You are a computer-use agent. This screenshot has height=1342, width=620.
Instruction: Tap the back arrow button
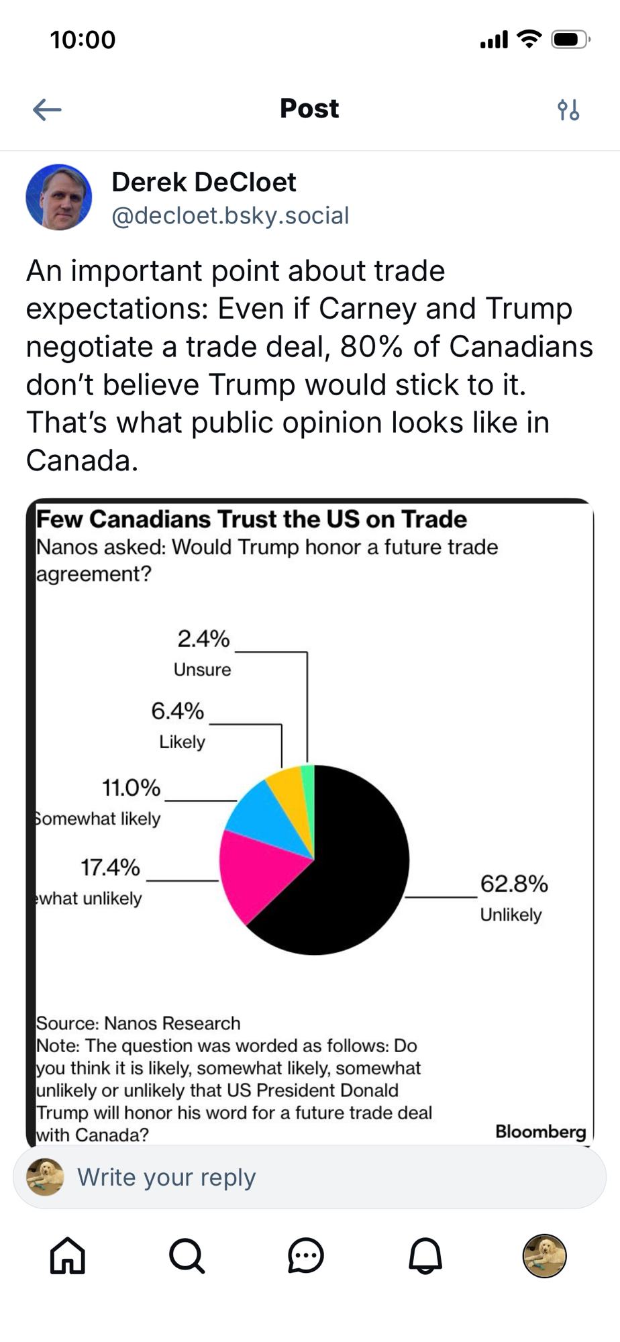tap(47, 109)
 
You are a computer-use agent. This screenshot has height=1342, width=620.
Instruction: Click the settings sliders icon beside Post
tap(568, 109)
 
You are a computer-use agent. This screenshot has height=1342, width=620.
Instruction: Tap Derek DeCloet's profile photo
tap(59, 197)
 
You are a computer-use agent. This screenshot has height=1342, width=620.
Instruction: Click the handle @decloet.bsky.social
tap(230, 216)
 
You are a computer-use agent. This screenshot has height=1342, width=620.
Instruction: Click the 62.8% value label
tap(514, 884)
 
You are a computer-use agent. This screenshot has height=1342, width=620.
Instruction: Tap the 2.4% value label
tap(203, 639)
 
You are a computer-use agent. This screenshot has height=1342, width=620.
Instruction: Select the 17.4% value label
tap(110, 868)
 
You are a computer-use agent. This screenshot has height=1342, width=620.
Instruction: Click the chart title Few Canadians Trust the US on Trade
tap(252, 519)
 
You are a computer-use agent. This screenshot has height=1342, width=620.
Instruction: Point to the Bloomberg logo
tap(540, 1132)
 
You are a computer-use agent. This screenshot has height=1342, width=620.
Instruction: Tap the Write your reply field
tap(309, 1177)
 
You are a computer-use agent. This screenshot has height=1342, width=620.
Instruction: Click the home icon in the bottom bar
tap(68, 1255)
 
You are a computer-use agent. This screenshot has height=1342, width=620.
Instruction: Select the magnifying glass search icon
tap(187, 1255)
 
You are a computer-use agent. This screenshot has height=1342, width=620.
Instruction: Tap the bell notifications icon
tap(425, 1255)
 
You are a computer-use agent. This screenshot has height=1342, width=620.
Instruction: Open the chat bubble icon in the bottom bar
tap(306, 1255)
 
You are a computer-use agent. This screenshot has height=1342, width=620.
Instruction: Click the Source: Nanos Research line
tap(138, 1023)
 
